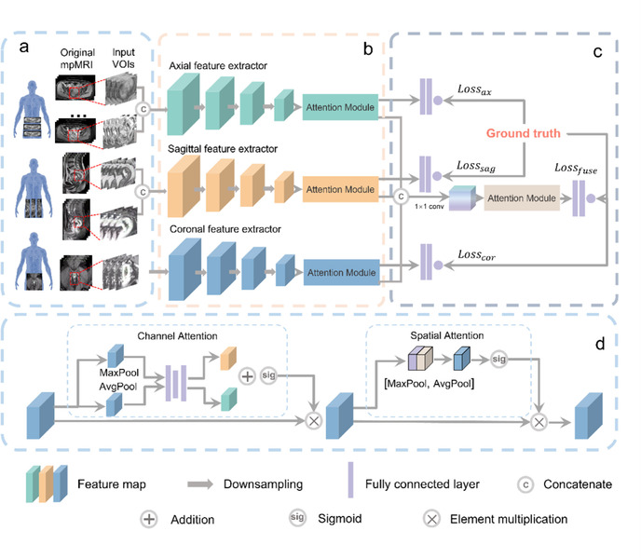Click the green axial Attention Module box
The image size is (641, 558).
[x=339, y=108]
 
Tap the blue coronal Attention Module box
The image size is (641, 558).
[x=339, y=273]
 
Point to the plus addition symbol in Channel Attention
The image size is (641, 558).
[x=248, y=376]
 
